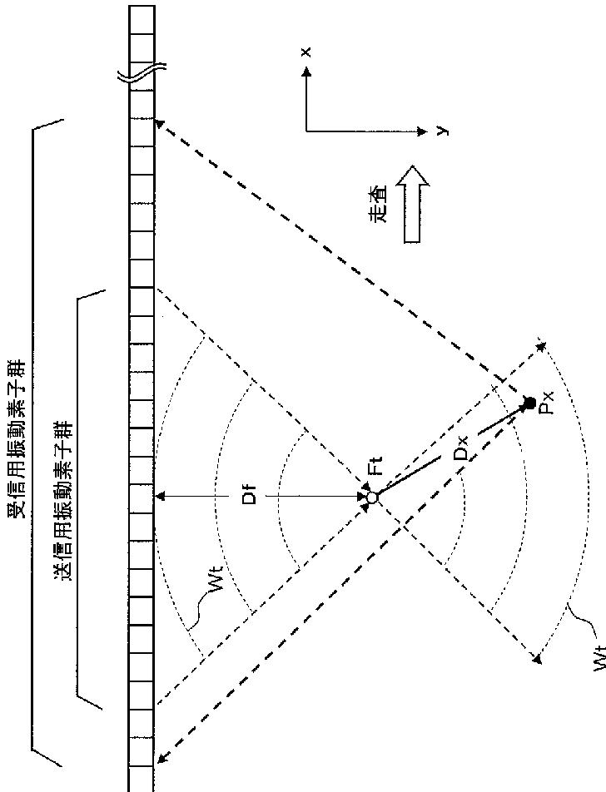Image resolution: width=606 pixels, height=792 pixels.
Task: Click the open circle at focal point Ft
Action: [372, 497]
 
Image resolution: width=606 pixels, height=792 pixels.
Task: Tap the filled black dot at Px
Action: [529, 403]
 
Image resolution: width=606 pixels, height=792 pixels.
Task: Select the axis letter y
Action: [445, 131]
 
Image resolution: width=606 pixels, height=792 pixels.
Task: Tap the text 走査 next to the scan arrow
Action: [379, 204]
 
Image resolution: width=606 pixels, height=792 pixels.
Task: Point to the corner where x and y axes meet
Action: [307, 131]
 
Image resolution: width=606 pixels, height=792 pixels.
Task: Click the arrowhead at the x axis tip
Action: [307, 72]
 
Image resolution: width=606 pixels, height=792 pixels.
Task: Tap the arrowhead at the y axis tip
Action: [424, 131]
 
